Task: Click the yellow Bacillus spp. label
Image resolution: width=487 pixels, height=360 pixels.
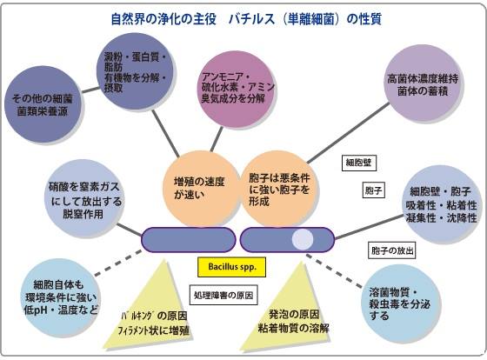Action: (231, 267)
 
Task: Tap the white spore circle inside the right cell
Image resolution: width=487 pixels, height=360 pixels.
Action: (303, 239)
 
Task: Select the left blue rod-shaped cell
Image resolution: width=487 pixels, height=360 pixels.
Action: (189, 239)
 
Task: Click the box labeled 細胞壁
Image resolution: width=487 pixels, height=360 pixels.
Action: (359, 163)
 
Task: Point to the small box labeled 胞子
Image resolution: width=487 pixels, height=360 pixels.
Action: (374, 190)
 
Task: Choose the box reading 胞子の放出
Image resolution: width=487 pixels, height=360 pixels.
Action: (392, 250)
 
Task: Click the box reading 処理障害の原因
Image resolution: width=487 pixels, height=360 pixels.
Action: (223, 295)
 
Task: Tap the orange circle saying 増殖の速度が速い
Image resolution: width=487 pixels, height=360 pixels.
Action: (200, 189)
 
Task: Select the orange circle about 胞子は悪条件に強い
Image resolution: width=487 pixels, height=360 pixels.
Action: (279, 189)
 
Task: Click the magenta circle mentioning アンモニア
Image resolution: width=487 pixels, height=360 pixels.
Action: (237, 90)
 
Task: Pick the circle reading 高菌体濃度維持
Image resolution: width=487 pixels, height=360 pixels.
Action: (423, 83)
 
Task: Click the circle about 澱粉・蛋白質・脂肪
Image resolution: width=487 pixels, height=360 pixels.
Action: (135, 71)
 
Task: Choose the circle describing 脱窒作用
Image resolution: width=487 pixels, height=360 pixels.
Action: (83, 199)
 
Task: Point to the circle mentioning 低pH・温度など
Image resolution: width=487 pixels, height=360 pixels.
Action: (62, 297)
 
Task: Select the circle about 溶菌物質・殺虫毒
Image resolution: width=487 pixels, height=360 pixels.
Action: (401, 303)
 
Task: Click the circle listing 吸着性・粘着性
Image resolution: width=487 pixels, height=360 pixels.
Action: (442, 204)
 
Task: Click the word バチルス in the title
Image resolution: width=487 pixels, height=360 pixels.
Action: (252, 19)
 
